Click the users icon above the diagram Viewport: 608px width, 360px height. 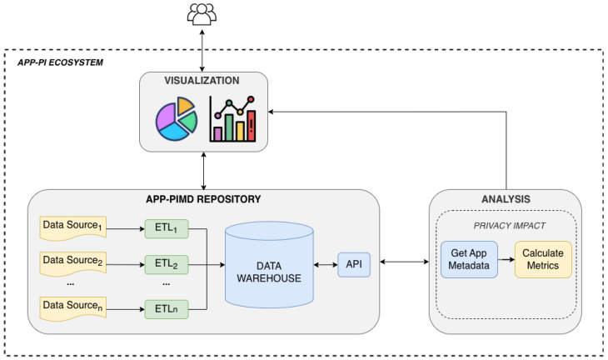(202, 14)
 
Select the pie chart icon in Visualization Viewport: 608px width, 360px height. (177, 118)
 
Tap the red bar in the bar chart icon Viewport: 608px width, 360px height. (252, 126)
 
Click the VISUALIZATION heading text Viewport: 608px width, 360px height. (202, 81)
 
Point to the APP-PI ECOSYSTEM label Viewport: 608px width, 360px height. (60, 62)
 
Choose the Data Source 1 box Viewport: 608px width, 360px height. (73, 228)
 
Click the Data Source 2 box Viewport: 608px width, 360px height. (73, 264)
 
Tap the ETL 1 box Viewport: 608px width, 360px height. (167, 228)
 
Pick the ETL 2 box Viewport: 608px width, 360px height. (167, 264)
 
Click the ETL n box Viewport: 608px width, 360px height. (167, 309)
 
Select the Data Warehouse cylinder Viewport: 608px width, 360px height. (269, 264)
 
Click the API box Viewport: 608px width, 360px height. (354, 264)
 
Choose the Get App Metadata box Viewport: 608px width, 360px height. (469, 259)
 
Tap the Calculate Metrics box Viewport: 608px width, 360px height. (543, 259)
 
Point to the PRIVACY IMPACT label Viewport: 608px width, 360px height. (509, 226)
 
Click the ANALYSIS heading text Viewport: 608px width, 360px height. (506, 199)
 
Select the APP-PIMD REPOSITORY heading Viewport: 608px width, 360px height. (203, 199)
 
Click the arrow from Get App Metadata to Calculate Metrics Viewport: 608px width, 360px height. (506, 259)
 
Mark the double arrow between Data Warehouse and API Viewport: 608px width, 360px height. (326, 264)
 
